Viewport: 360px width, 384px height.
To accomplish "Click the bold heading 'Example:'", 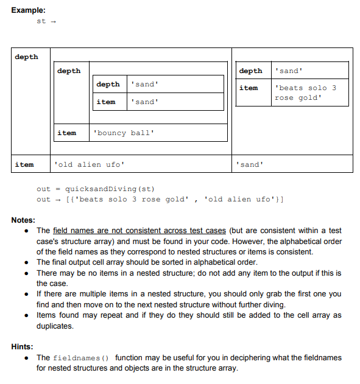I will tap(28, 10).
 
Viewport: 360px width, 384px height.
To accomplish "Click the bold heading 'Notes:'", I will tap(23, 220).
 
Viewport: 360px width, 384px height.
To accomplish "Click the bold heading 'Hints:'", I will tap(22, 346).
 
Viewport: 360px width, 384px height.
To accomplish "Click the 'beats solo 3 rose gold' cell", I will tap(305, 93).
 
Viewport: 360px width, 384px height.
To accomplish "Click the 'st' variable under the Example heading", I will tap(41, 21).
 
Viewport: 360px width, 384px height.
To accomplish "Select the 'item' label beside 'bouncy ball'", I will tap(66, 133).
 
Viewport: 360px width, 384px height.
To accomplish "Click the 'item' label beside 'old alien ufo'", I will tap(24, 164).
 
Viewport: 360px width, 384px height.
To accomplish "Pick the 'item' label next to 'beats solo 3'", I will tap(249, 88).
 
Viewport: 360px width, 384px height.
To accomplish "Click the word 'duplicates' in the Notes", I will tap(55, 326).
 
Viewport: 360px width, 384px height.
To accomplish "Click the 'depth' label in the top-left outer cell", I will tap(26, 57).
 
